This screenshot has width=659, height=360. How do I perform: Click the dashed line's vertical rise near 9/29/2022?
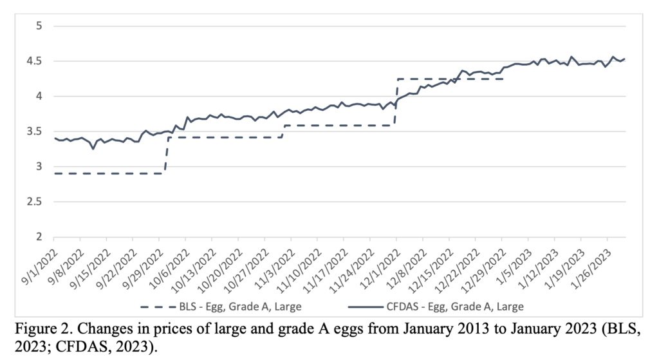166,155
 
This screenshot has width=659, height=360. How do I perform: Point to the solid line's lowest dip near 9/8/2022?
93,149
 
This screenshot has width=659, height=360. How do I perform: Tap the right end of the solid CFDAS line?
625,59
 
